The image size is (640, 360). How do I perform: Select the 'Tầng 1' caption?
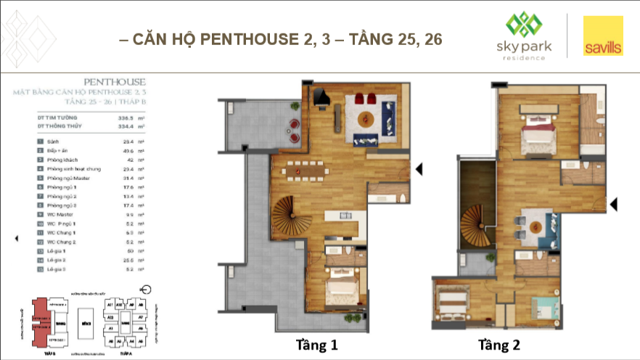(x=317, y=343)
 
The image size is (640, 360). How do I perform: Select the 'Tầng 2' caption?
(x=500, y=343)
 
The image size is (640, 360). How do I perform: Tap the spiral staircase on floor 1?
(x=289, y=214)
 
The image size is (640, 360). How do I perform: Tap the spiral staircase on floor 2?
(x=477, y=222)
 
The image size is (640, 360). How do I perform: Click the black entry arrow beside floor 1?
(x=419, y=169)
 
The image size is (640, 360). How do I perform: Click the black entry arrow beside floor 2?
(x=613, y=205)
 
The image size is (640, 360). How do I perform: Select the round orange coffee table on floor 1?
(x=369, y=118)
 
